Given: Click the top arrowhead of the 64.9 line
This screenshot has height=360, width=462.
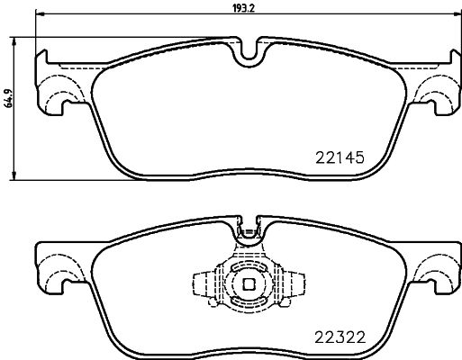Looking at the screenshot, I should coord(18,40).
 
